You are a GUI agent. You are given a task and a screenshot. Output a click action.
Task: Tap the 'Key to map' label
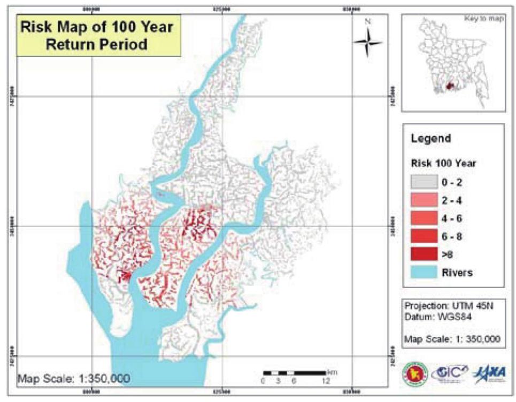coord(484,18)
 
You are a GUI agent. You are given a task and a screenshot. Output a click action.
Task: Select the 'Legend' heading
coord(431,138)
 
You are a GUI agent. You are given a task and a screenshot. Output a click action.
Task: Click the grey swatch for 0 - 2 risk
coord(422,182)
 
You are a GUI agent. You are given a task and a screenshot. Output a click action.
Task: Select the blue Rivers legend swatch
coord(422,272)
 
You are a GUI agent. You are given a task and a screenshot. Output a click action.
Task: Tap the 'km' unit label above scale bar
coord(332,372)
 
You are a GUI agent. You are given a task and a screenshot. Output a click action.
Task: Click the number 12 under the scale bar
coord(326,382)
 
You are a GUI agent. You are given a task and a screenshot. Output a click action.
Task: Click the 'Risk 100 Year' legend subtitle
coord(443,163)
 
